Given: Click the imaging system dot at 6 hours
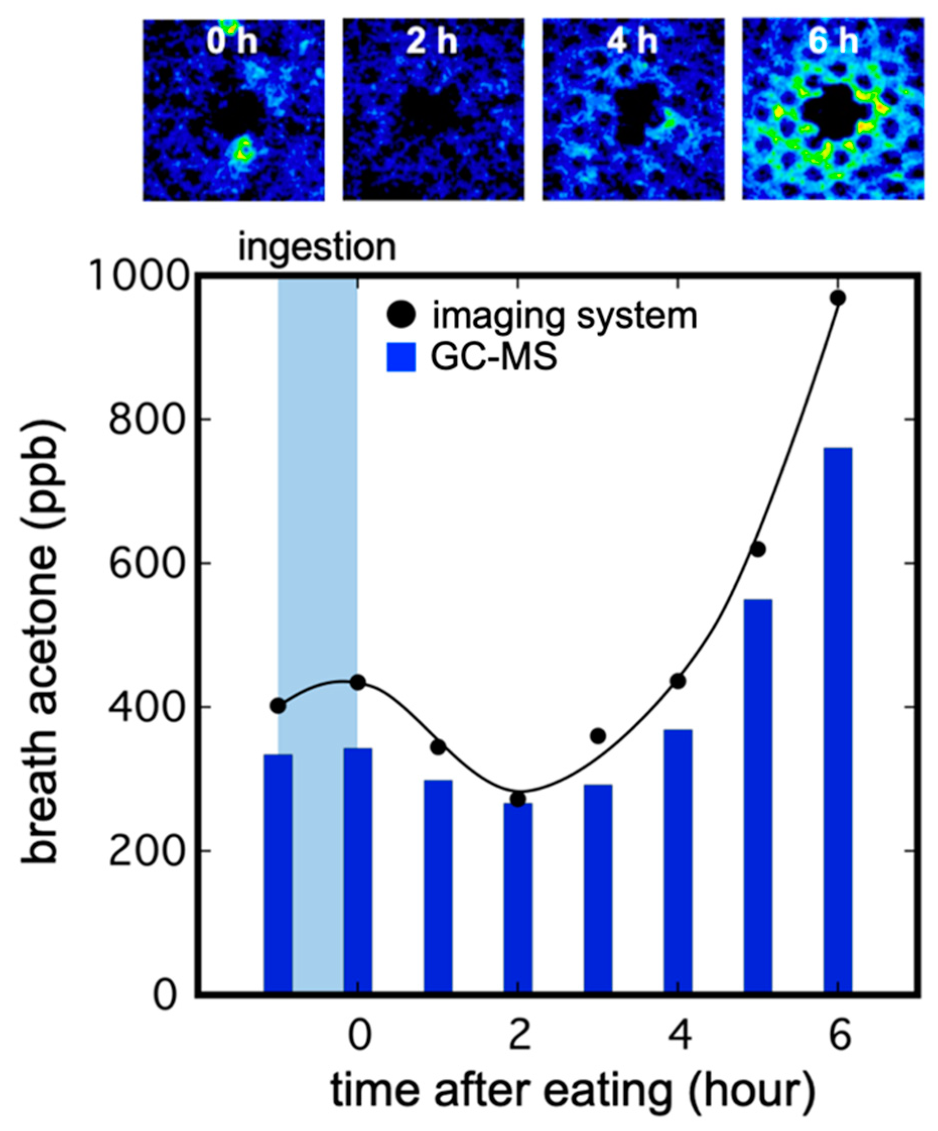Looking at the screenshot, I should click(837, 298).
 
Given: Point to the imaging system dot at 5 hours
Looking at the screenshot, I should click(758, 550).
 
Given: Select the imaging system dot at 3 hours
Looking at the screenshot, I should click(598, 736).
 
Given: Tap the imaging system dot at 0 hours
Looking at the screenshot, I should click(358, 682).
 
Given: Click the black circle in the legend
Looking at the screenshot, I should click(401, 315).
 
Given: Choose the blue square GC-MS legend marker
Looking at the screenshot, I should click(401, 358).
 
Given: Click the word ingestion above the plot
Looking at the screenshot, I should click(317, 248).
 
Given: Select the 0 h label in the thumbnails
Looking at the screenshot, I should click(232, 42).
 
